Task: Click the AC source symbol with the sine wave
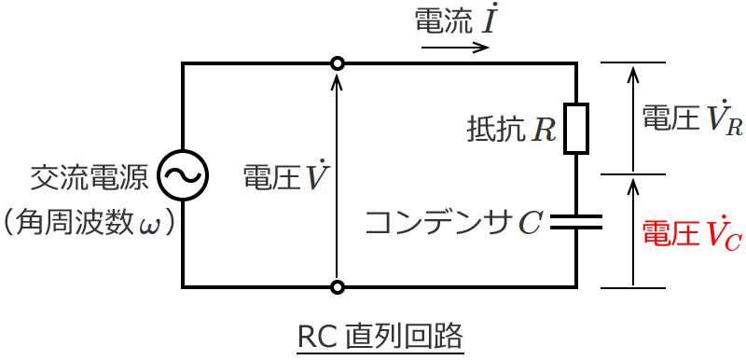[x=183, y=174]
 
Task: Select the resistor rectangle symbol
[x=576, y=128]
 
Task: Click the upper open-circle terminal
[x=338, y=63]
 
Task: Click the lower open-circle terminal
[x=338, y=286]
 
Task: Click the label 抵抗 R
[x=511, y=129]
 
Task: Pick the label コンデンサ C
[x=453, y=222]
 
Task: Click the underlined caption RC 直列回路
[x=380, y=335]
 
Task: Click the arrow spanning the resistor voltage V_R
[x=633, y=118]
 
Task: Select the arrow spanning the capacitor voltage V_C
[x=633, y=230]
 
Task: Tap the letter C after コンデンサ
[x=530, y=223]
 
